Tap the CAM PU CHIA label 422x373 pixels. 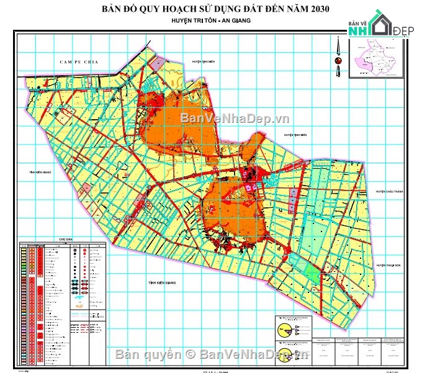coord(75,63)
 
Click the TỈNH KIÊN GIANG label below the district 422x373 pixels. coord(162,282)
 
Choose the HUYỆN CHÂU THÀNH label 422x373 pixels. coord(389,192)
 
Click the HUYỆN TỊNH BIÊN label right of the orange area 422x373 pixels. coord(297,134)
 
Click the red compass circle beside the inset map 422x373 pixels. coord(338,60)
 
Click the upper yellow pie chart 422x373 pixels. coord(281,323)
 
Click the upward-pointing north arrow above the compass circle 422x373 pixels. coord(338,45)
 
